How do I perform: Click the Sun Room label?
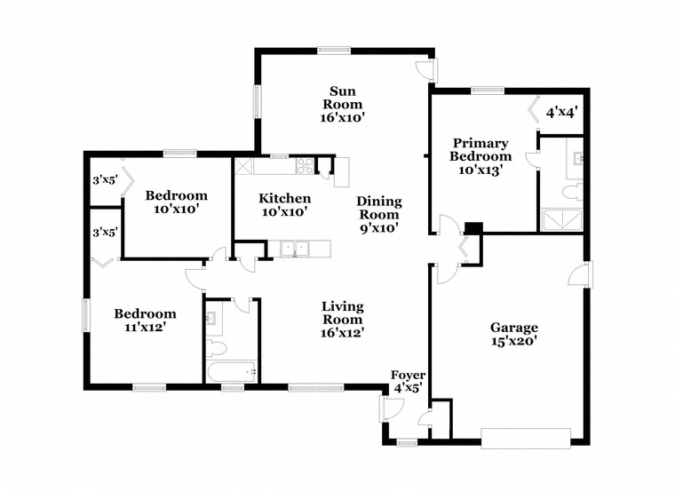click(x=343, y=98)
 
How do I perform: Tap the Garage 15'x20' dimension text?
click(x=514, y=341)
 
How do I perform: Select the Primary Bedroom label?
click(x=480, y=149)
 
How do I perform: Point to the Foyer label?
click(x=408, y=376)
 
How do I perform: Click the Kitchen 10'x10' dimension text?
click(x=284, y=211)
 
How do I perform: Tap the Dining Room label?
click(x=379, y=208)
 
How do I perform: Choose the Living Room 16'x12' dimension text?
click(x=343, y=333)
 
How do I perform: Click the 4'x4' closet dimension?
click(x=561, y=113)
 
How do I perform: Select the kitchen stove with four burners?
click(x=305, y=166)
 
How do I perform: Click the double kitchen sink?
click(x=295, y=249)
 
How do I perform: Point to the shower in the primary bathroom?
click(x=562, y=219)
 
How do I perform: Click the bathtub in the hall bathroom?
click(x=232, y=371)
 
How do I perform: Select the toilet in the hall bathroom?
click(x=216, y=348)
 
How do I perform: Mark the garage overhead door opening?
click(x=526, y=439)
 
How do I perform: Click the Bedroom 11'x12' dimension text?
click(x=145, y=327)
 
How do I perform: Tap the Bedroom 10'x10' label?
click(x=177, y=202)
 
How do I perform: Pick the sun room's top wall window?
click(x=334, y=51)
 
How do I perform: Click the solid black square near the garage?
click(x=474, y=228)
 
